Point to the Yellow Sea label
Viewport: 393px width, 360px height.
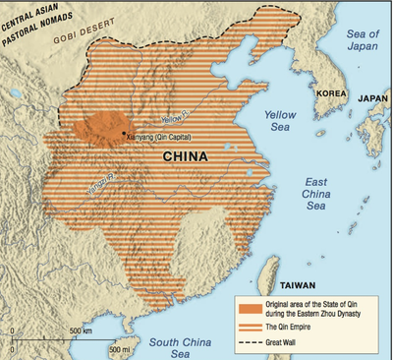pos(281,123)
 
